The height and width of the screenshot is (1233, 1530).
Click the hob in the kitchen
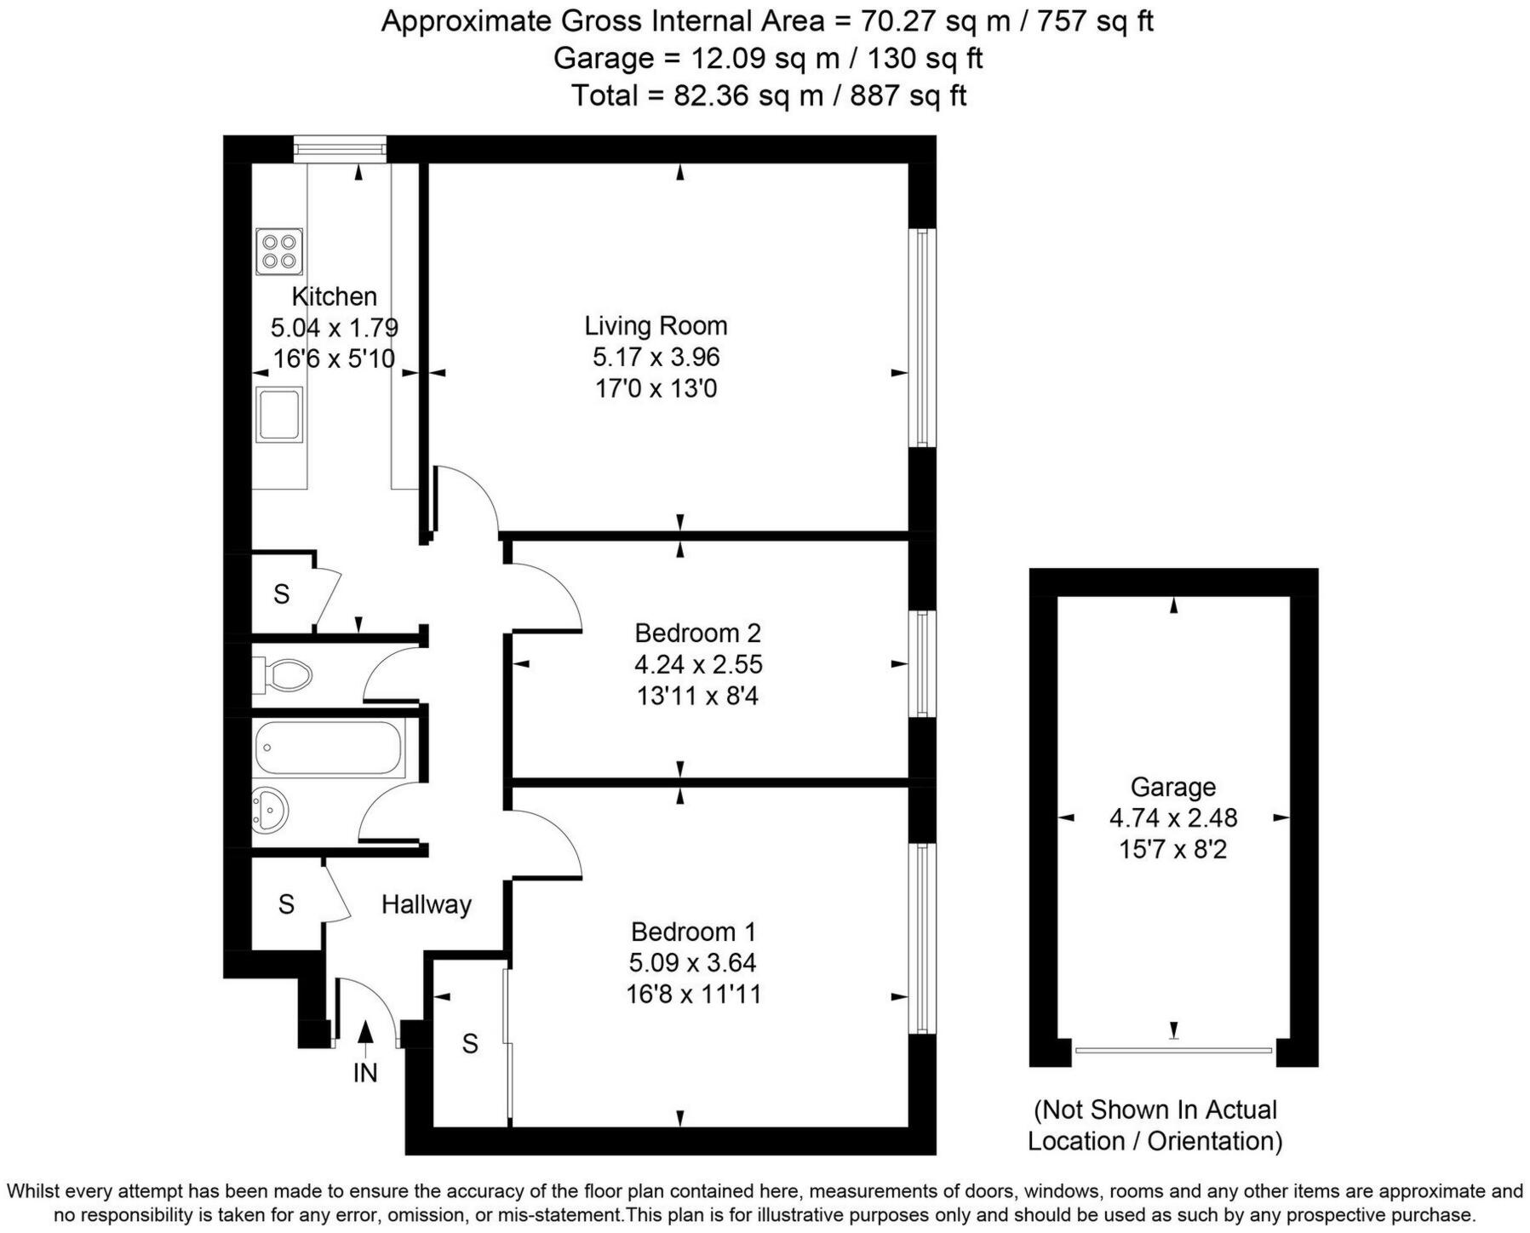(x=279, y=251)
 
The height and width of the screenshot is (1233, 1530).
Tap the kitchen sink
(x=279, y=415)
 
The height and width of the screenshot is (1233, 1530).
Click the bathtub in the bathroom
(x=327, y=748)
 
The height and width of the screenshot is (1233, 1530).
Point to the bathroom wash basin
(x=272, y=808)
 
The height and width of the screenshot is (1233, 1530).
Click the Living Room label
(x=655, y=325)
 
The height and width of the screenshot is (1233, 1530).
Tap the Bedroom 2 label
(x=697, y=633)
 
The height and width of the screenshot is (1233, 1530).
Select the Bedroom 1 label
(x=692, y=931)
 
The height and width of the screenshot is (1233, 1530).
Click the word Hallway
(x=426, y=904)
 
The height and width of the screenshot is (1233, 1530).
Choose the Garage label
(x=1172, y=787)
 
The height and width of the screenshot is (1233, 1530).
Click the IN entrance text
(x=364, y=1073)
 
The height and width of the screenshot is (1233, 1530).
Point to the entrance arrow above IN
(x=365, y=1034)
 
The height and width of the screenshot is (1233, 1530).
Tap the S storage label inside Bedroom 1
(x=470, y=1043)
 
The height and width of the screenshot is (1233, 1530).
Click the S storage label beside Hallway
(x=286, y=904)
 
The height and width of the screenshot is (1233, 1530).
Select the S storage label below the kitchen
(x=282, y=594)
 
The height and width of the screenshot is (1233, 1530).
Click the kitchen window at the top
(x=340, y=149)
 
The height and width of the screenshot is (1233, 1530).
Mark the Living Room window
(x=921, y=338)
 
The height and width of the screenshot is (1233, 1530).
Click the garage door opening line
(x=1173, y=1051)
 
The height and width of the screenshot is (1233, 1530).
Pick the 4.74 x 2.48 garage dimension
(x=1172, y=818)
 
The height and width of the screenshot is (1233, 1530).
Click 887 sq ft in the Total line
(x=908, y=95)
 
